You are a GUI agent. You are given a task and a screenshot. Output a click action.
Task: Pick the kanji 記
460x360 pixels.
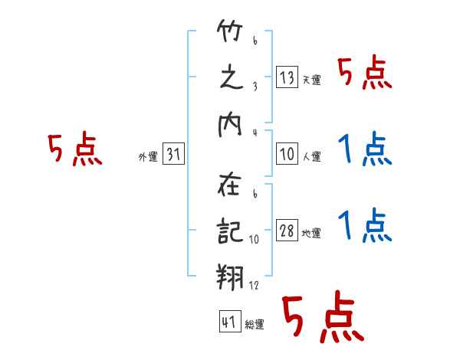[230, 229]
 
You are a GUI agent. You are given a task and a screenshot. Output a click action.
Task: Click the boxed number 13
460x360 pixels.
[287, 77]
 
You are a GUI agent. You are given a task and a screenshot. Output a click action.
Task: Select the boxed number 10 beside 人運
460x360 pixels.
[287, 154]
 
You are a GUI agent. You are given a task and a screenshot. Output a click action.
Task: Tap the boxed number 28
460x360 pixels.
[287, 231]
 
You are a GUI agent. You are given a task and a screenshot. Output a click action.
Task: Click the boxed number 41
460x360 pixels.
[228, 322]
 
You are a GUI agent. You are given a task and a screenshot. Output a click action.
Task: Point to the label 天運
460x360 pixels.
[311, 80]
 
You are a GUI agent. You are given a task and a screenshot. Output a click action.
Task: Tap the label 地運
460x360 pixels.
[311, 234]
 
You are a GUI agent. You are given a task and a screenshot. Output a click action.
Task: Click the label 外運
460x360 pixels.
[148, 157]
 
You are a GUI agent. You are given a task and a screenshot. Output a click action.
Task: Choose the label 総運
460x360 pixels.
[254, 325]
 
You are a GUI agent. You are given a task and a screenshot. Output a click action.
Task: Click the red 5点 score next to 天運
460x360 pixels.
[365, 74]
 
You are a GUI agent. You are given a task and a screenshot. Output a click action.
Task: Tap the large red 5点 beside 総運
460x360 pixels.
[323, 319]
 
